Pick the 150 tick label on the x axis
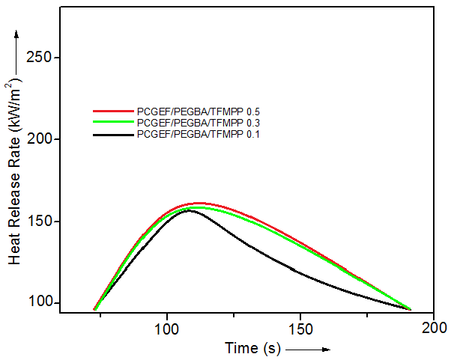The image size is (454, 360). [x=300, y=328]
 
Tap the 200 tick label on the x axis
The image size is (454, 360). [x=434, y=328]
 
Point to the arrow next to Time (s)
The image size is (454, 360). [x=308, y=349]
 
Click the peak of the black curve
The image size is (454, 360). [x=190, y=210]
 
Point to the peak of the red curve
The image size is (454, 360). [x=199, y=203]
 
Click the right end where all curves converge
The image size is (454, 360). [x=410, y=308]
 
